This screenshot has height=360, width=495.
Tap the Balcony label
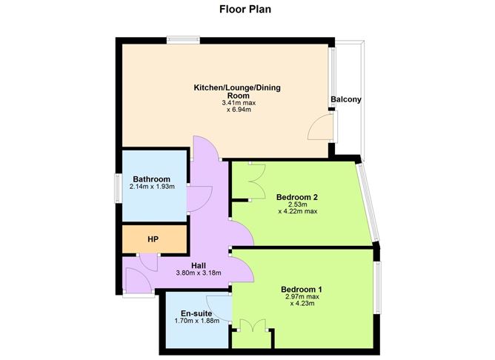tap(345, 101)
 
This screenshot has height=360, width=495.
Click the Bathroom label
tap(152, 179)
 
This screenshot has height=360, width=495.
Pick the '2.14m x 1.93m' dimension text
tap(153, 187)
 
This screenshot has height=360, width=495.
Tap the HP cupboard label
tap(153, 239)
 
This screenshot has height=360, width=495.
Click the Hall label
tap(199, 265)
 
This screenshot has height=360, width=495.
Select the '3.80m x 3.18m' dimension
tap(199, 273)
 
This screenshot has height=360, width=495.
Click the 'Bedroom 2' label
tap(296, 197)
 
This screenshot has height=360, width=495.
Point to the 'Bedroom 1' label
tap(302, 289)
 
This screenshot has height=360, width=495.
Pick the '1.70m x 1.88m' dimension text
tap(194, 322)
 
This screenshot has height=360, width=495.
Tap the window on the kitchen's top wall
tap(182, 39)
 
